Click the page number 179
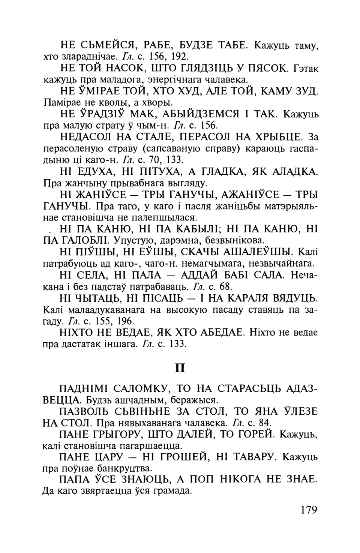pos(309,510)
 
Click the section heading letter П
pos(180,368)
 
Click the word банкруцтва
pos(124,468)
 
